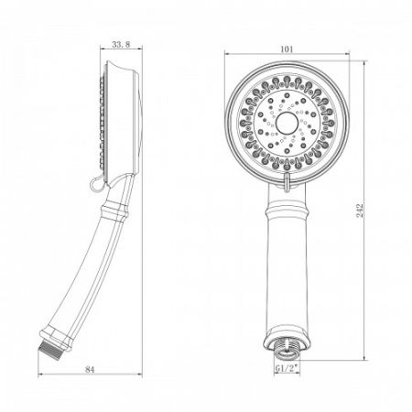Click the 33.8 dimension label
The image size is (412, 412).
[119, 43]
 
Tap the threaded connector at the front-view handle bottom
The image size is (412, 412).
[289, 347]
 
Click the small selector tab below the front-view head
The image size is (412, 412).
[288, 184]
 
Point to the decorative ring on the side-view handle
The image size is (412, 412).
[114, 213]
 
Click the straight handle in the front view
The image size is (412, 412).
[289, 275]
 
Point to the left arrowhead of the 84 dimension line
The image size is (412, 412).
[40, 378]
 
